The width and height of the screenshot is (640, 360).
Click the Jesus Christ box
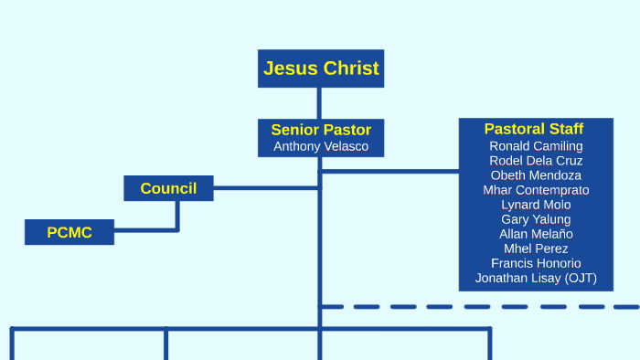[320, 68]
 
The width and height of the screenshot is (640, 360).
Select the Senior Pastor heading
[321, 130]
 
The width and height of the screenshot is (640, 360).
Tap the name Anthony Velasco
[321, 146]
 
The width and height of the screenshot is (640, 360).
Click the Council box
[168, 188]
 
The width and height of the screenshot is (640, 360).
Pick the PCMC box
[69, 232]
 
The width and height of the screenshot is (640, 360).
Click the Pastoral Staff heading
[534, 129]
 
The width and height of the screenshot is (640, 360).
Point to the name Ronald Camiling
[536, 146]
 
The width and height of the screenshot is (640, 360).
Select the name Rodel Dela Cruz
[536, 161]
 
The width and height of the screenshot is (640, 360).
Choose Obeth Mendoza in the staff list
[536, 175]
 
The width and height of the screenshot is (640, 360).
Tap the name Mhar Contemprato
[536, 190]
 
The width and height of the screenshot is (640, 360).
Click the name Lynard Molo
[536, 205]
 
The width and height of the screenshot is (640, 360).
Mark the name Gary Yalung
[536, 219]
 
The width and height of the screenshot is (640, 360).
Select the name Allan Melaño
[536, 234]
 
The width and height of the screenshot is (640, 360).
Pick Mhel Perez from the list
[536, 249]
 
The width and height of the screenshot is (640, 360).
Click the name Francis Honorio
[536, 263]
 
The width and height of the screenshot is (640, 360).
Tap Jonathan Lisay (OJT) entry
[536, 278]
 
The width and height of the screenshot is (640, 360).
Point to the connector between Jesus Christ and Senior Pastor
[319, 103]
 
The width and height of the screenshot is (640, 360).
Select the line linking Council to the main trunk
[265, 188]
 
